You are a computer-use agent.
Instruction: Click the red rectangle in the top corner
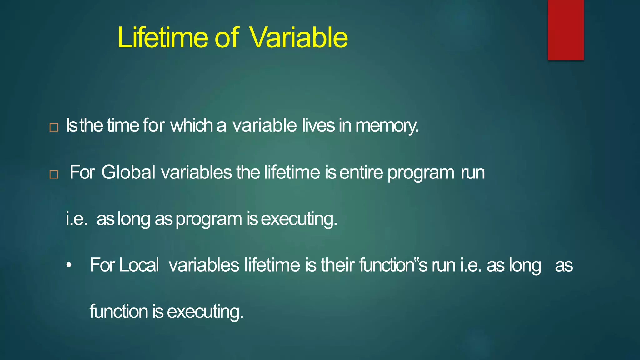(x=566, y=30)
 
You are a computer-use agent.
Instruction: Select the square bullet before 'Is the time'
(x=54, y=127)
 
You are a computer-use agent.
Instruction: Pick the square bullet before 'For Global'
(x=54, y=174)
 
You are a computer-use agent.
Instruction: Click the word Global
(x=128, y=172)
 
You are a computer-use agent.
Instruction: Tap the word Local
(x=139, y=265)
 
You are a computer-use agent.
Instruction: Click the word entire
(x=361, y=172)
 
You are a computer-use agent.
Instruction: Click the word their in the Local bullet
(x=338, y=265)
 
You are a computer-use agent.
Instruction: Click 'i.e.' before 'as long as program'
(x=77, y=219)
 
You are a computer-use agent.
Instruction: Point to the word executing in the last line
(x=205, y=312)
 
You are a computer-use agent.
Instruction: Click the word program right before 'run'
(x=421, y=173)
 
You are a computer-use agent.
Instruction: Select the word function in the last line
(x=119, y=312)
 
